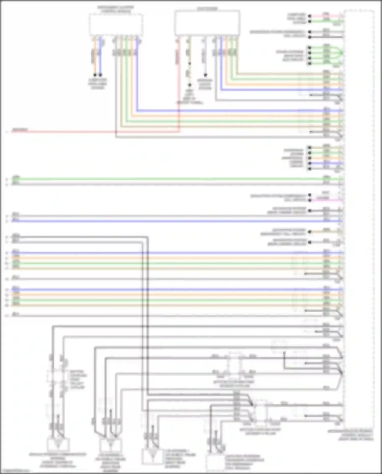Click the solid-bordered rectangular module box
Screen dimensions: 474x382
pyautogui.click(x=207, y=23)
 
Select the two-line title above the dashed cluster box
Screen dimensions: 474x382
pyautogui.click(x=116, y=10)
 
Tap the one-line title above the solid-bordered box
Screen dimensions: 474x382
pyautogui.click(x=207, y=9)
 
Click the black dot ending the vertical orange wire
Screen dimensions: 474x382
pyautogui.click(x=95, y=75)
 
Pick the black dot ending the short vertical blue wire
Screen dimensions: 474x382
pyautogui.click(x=100, y=75)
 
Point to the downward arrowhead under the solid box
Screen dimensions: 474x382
pyautogui.click(x=205, y=75)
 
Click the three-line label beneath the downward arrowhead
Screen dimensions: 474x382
pyautogui.click(x=205, y=84)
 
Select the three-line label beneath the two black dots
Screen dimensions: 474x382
pyautogui.click(x=98, y=84)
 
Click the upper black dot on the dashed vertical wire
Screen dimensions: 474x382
pyautogui.click(x=189, y=64)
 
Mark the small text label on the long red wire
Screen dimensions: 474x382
pyautogui.click(x=20, y=130)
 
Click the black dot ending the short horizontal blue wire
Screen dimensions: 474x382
pyautogui.click(x=309, y=163)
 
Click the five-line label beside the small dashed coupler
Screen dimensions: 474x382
pyautogui.click(x=78, y=380)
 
